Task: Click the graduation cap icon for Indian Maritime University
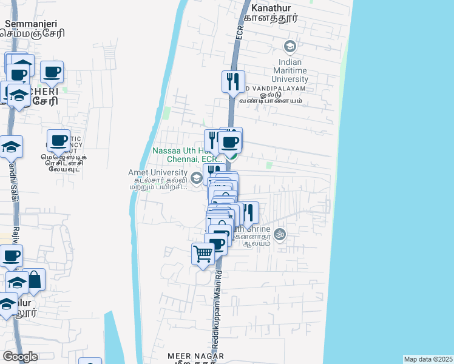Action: click(290, 46)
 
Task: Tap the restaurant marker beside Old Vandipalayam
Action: click(233, 81)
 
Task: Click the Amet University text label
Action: click(157, 172)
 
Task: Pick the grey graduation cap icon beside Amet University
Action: click(196, 178)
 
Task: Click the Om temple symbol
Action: click(279, 233)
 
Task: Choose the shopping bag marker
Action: click(35, 280)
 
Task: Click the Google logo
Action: click(20, 357)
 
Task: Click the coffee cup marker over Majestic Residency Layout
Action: click(58, 141)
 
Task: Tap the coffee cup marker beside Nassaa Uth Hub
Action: click(229, 143)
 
